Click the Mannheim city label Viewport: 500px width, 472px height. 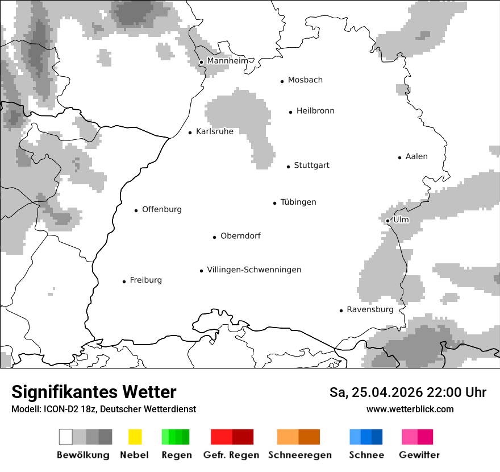pyautogui.click(x=227, y=61)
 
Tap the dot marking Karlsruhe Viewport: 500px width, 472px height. pyautogui.click(x=190, y=133)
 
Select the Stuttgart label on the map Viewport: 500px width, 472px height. pyautogui.click(x=311, y=165)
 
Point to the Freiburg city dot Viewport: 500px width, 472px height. pyautogui.click(x=124, y=281)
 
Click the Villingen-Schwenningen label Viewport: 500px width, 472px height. pyautogui.click(x=254, y=270)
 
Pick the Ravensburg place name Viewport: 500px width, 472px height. pyautogui.click(x=370, y=309)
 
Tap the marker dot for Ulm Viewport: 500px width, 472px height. pyautogui.click(x=388, y=221)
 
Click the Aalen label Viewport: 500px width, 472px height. pyautogui.click(x=416, y=156)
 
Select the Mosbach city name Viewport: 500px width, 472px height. pyautogui.click(x=305, y=80)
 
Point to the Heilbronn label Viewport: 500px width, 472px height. pyautogui.click(x=315, y=111)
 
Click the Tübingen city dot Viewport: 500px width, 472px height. pyautogui.click(x=275, y=203)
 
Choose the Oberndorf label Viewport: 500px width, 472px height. pyautogui.click(x=240, y=236)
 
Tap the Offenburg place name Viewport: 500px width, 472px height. pyautogui.click(x=162, y=209)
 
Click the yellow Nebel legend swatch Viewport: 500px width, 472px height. pyautogui.click(x=135, y=437)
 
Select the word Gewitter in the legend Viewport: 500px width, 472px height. pyautogui.click(x=419, y=455)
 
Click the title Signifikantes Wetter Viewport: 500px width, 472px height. pyautogui.click(x=94, y=392)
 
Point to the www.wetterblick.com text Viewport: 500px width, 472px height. pyautogui.click(x=410, y=409)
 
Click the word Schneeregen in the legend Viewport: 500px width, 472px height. pyautogui.click(x=299, y=455)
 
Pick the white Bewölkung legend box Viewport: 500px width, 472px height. pyautogui.click(x=66, y=437)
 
